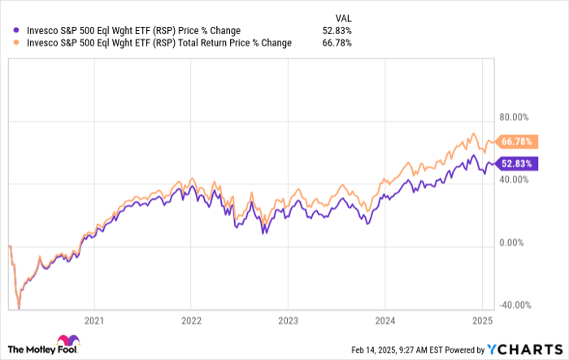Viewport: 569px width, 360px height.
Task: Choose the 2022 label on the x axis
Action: click(x=191, y=319)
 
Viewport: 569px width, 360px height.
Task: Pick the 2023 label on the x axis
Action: click(x=288, y=319)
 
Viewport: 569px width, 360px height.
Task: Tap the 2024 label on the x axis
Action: click(x=384, y=319)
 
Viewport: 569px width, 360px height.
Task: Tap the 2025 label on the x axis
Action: click(x=481, y=319)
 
